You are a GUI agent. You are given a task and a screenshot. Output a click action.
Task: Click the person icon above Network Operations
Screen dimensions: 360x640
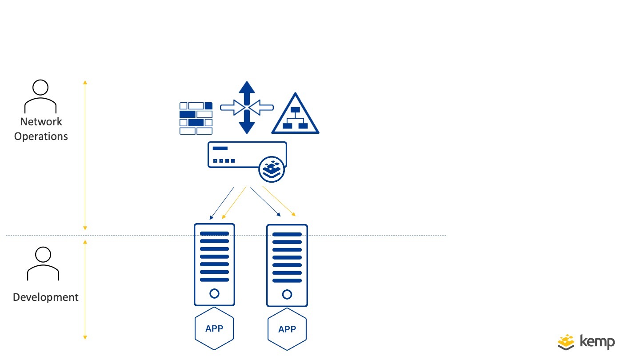(x=40, y=96)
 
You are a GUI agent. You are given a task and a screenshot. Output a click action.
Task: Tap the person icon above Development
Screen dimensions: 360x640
(x=43, y=264)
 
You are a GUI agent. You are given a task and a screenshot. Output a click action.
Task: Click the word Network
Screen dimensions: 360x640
(x=41, y=122)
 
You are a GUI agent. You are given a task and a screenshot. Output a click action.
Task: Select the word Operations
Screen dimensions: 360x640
(x=41, y=136)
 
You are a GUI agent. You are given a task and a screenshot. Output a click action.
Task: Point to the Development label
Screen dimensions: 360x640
(x=45, y=297)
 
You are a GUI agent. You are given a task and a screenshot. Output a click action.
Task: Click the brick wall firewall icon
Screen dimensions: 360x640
(x=196, y=118)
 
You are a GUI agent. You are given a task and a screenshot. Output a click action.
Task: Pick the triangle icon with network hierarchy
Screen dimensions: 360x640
(x=295, y=115)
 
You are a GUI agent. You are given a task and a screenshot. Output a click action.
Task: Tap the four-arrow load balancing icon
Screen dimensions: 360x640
(x=247, y=107)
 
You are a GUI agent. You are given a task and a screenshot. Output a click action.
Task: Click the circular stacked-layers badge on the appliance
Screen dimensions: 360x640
(x=272, y=169)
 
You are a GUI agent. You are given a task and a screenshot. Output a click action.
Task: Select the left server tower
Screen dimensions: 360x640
(x=214, y=264)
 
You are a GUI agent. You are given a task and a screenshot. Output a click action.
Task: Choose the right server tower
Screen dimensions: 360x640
(x=287, y=265)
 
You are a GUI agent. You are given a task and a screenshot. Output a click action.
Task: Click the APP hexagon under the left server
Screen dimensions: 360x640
(x=214, y=329)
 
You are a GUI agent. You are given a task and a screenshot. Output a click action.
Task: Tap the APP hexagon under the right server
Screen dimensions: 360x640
(x=287, y=330)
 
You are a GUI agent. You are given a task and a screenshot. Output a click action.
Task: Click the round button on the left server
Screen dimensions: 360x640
(x=214, y=293)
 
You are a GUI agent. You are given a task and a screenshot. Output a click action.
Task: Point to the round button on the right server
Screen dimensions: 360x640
(x=287, y=294)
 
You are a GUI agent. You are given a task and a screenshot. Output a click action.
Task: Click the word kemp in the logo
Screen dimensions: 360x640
(x=597, y=342)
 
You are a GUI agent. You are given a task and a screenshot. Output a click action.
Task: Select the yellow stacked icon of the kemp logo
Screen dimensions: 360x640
(x=567, y=342)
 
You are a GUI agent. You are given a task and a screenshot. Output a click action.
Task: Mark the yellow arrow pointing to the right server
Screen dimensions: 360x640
(x=279, y=201)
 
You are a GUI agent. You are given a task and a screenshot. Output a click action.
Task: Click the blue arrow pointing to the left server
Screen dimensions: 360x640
(x=221, y=203)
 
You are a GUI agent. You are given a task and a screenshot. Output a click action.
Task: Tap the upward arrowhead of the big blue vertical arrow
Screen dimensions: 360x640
(x=247, y=87)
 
